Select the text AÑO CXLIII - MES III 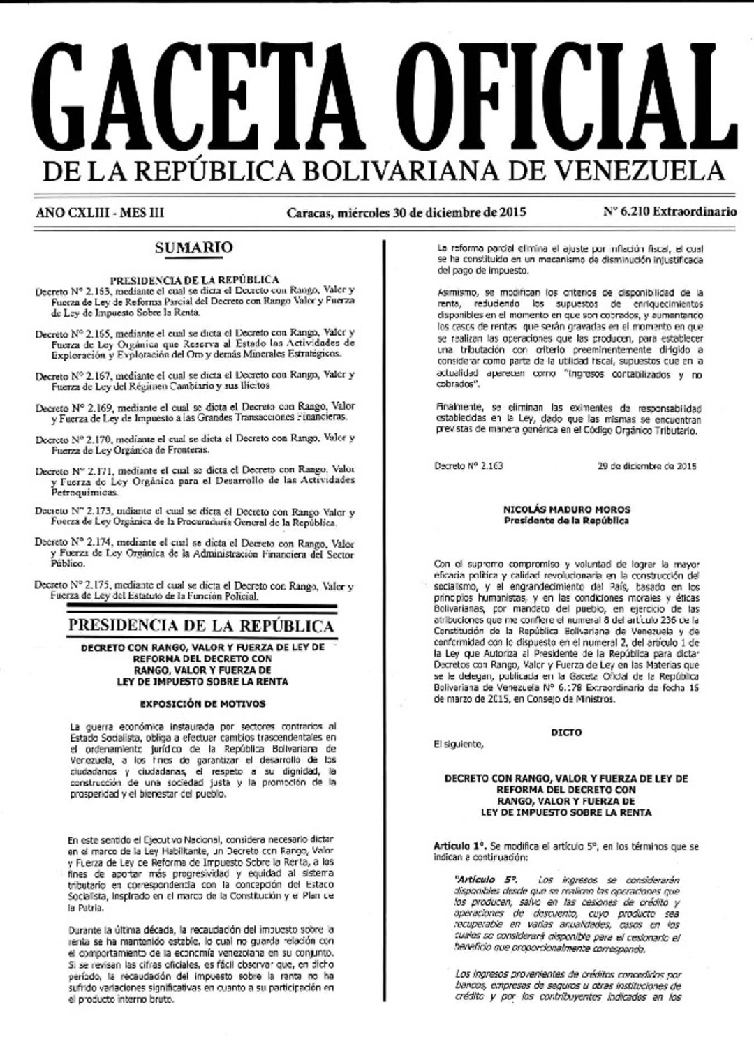(x=100, y=212)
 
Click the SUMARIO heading (x=194, y=247)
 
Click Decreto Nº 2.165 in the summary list (x=73, y=334)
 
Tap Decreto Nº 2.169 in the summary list (x=73, y=408)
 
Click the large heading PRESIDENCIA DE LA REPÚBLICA (x=201, y=625)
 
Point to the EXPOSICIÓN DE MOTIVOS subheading (x=202, y=703)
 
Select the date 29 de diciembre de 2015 (x=646, y=465)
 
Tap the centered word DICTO (x=566, y=733)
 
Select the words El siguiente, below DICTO (x=458, y=744)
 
